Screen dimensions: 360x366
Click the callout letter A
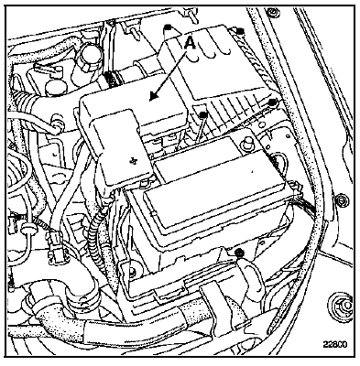coord(190,42)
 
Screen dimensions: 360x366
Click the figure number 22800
coord(335,344)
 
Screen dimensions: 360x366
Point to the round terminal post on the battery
coord(246,141)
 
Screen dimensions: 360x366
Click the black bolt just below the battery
coord(239,252)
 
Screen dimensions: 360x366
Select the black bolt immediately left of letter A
coord(168,27)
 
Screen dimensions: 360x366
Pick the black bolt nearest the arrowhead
coord(203,114)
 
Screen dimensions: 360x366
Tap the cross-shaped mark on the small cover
coord(133,160)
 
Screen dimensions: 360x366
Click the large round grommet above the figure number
coord(341,304)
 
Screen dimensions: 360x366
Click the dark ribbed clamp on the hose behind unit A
coord(111,78)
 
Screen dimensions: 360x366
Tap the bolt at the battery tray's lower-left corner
coord(132,272)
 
